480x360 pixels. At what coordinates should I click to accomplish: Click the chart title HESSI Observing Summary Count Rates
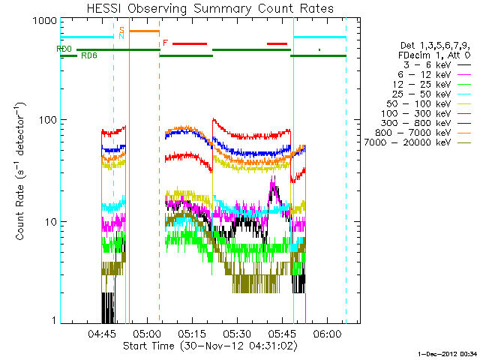(209, 9)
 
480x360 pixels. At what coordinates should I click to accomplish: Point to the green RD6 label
(88, 56)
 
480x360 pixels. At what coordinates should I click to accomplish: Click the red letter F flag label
(165, 43)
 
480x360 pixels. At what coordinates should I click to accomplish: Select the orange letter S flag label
(121, 29)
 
